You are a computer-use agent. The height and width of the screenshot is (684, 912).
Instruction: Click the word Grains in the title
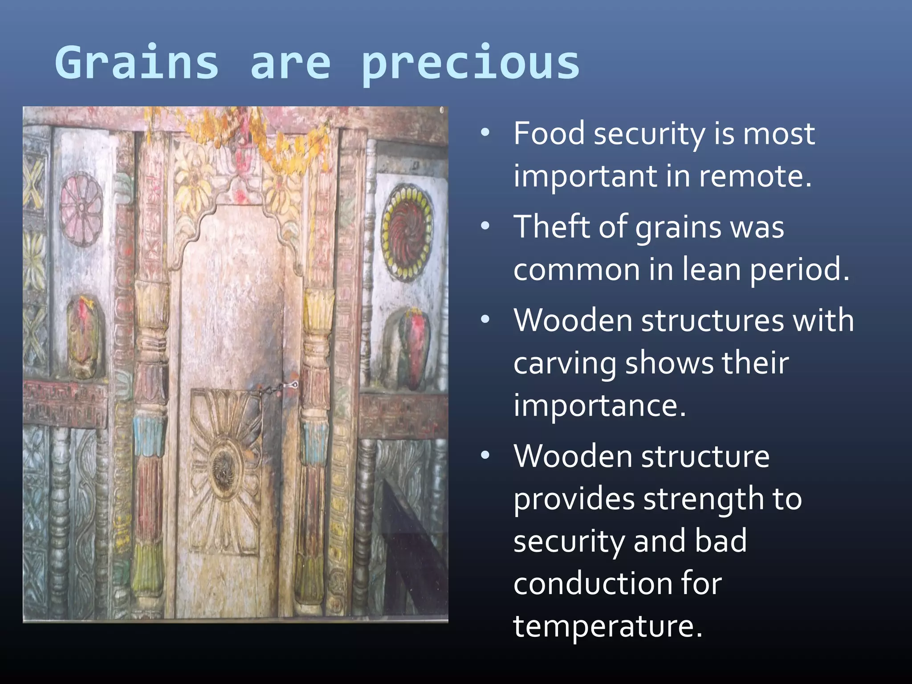137,63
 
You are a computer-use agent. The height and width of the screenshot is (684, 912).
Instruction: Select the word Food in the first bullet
549,134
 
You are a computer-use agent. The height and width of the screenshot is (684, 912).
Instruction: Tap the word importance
599,405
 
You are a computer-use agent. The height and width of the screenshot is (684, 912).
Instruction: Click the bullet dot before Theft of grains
485,226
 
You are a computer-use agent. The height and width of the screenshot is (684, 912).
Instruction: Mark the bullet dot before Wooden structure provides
485,455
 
